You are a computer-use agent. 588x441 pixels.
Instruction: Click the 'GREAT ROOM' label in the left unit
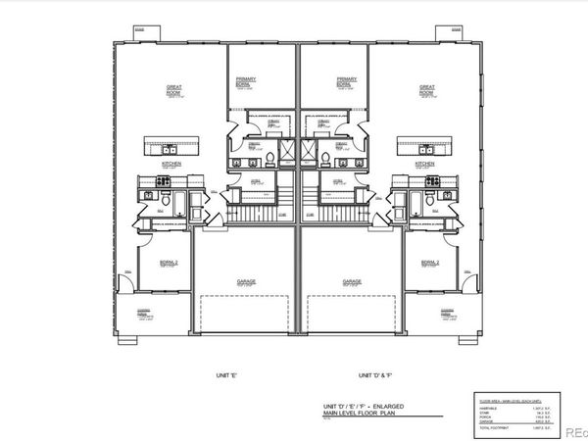173,87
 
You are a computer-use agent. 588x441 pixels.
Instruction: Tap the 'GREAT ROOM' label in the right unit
426,87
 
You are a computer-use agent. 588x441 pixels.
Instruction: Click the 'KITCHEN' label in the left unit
172,164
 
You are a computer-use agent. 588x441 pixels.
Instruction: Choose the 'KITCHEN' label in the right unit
423,164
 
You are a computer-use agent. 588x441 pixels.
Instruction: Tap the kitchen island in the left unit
172,147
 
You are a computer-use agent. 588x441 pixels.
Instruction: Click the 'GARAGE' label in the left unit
246,281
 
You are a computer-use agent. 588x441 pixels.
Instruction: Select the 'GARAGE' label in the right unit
352,281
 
